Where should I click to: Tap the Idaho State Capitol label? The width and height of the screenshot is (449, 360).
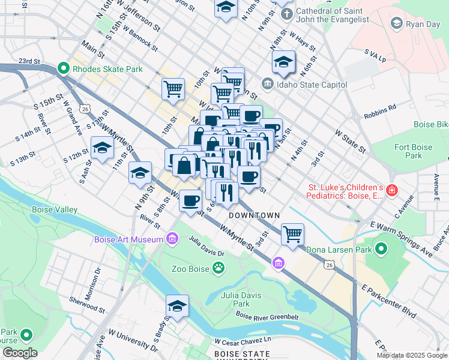point(312,85)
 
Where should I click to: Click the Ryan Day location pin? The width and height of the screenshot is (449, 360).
point(396,23)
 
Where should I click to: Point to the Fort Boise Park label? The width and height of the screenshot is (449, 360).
point(413,151)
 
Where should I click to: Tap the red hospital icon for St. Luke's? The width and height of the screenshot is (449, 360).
point(391,190)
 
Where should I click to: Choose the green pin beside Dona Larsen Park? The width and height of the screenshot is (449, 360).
point(381,249)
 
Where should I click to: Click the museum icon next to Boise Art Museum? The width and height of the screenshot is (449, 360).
point(172,239)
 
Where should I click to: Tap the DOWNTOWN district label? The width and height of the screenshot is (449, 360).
point(254,215)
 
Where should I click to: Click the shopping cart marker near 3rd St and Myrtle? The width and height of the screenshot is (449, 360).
point(292,234)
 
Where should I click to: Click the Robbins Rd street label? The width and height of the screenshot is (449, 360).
point(380,109)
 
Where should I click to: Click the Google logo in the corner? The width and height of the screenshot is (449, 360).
point(20,353)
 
